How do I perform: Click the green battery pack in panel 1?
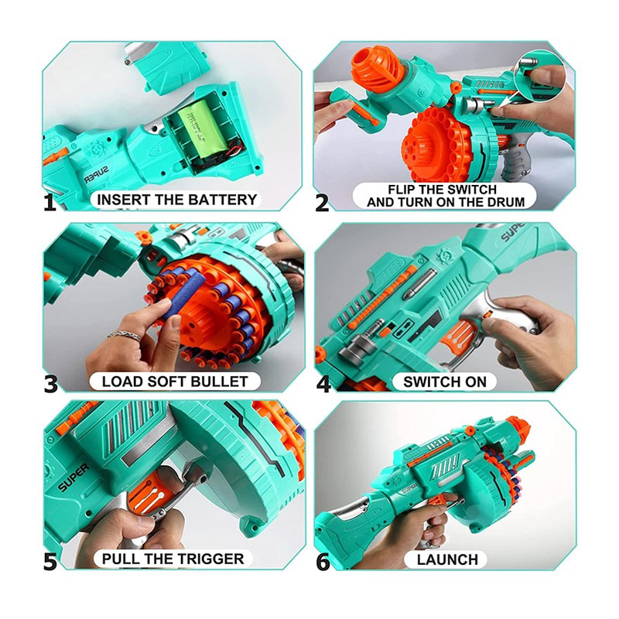point(203,128)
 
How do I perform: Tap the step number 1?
point(50,203)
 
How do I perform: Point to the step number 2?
point(322,203)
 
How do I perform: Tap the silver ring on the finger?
point(124,336)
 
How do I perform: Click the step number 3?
point(50,384)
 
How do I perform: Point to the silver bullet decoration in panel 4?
point(419,283)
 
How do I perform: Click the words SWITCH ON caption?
point(444,382)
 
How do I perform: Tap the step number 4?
point(323,384)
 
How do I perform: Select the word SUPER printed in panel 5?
point(74,477)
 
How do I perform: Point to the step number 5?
point(50,562)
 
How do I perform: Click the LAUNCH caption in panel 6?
point(447,559)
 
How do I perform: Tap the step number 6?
point(323,562)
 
